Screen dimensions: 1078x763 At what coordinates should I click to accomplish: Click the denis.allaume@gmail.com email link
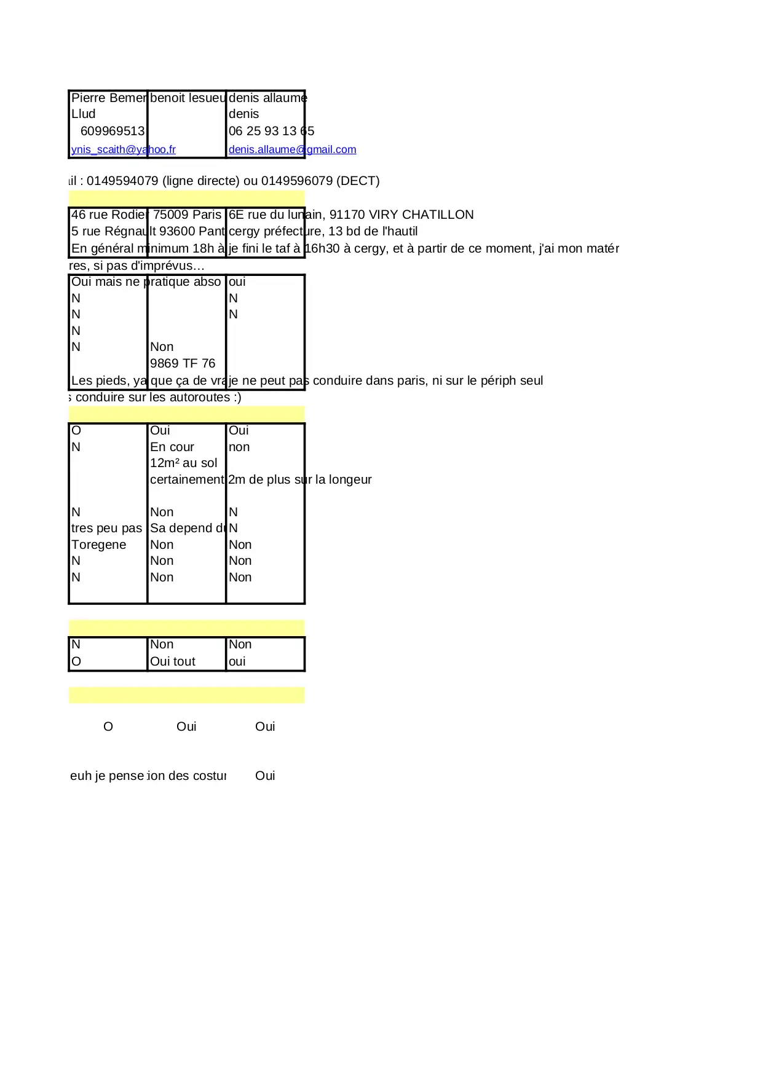click(x=292, y=149)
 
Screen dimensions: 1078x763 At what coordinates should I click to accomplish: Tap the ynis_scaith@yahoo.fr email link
click(x=123, y=149)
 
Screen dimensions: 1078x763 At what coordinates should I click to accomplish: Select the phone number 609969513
click(x=113, y=131)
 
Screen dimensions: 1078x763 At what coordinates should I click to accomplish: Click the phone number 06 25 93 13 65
click(x=271, y=131)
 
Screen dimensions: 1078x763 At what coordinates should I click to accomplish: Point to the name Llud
click(x=84, y=114)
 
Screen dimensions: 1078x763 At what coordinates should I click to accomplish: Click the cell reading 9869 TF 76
click(x=183, y=363)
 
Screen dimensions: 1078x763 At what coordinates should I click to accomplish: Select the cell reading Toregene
click(x=99, y=545)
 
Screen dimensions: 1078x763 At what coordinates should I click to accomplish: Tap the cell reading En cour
click(x=172, y=447)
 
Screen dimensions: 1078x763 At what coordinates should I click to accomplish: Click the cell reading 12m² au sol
click(x=183, y=463)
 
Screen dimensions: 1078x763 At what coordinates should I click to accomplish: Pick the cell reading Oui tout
click(x=173, y=661)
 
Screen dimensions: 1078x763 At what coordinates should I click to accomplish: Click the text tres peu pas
click(x=106, y=528)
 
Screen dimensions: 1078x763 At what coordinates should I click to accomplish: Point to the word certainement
click(x=187, y=479)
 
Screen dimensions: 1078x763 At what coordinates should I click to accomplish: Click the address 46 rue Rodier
click(x=109, y=214)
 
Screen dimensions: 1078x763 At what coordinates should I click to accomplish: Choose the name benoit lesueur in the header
click(x=188, y=98)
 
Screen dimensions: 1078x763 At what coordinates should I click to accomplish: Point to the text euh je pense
click(x=107, y=776)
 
